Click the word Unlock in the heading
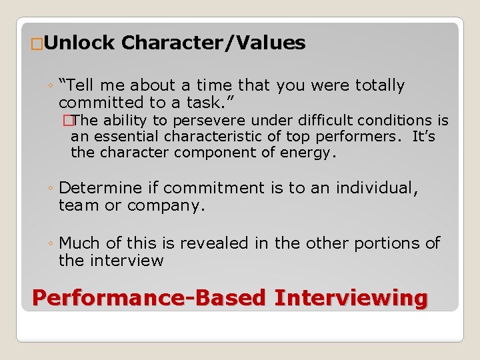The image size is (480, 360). tap(81, 43)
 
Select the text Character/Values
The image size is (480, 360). tap(213, 43)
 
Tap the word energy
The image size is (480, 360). tap(311, 153)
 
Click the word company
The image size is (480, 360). tap(168, 206)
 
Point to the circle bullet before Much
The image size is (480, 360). tap(51, 244)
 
